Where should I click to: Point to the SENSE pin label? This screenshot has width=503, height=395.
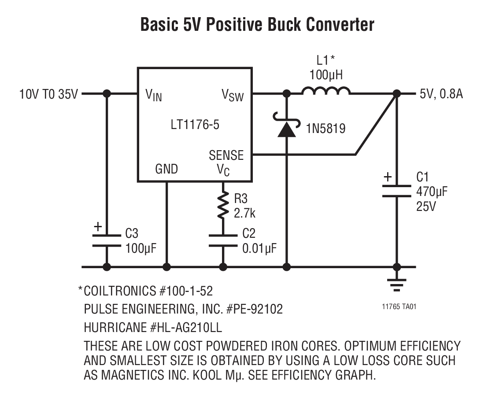pos(226,155)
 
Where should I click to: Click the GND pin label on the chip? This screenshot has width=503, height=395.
pos(166,169)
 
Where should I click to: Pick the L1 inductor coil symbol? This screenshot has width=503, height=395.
pos(326,91)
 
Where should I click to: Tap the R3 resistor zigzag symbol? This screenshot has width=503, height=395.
pos(223,205)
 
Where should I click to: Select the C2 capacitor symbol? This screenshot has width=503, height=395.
pos(223,240)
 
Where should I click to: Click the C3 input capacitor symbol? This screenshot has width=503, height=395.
pos(107,240)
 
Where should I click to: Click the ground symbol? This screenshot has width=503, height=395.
pos(396,285)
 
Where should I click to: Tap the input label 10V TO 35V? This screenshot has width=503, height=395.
pos(48,94)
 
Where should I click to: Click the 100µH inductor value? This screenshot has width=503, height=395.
pos(325,75)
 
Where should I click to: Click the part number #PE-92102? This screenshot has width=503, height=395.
pos(254,310)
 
